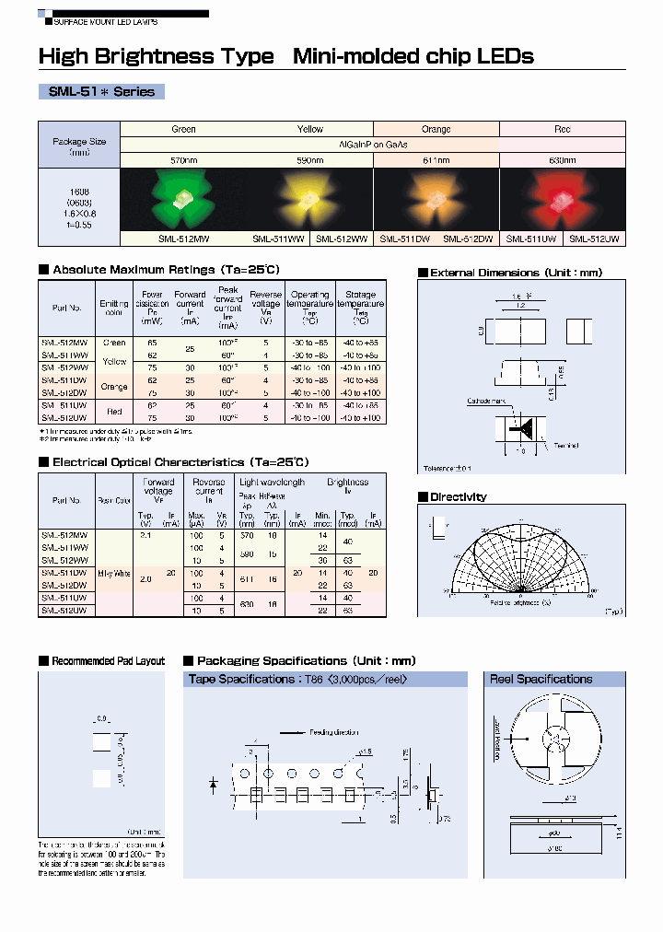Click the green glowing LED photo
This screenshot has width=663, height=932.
point(183,199)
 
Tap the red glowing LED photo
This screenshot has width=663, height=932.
point(562,199)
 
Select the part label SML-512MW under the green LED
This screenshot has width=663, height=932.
point(183,239)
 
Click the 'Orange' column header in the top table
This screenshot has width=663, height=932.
point(436,129)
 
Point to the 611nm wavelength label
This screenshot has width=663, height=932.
point(436,160)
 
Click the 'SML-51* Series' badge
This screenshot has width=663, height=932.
point(101,92)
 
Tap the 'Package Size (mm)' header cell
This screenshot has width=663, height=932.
point(79,146)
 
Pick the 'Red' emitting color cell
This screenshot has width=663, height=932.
point(114,411)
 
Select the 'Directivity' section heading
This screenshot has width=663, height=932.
point(458,497)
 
